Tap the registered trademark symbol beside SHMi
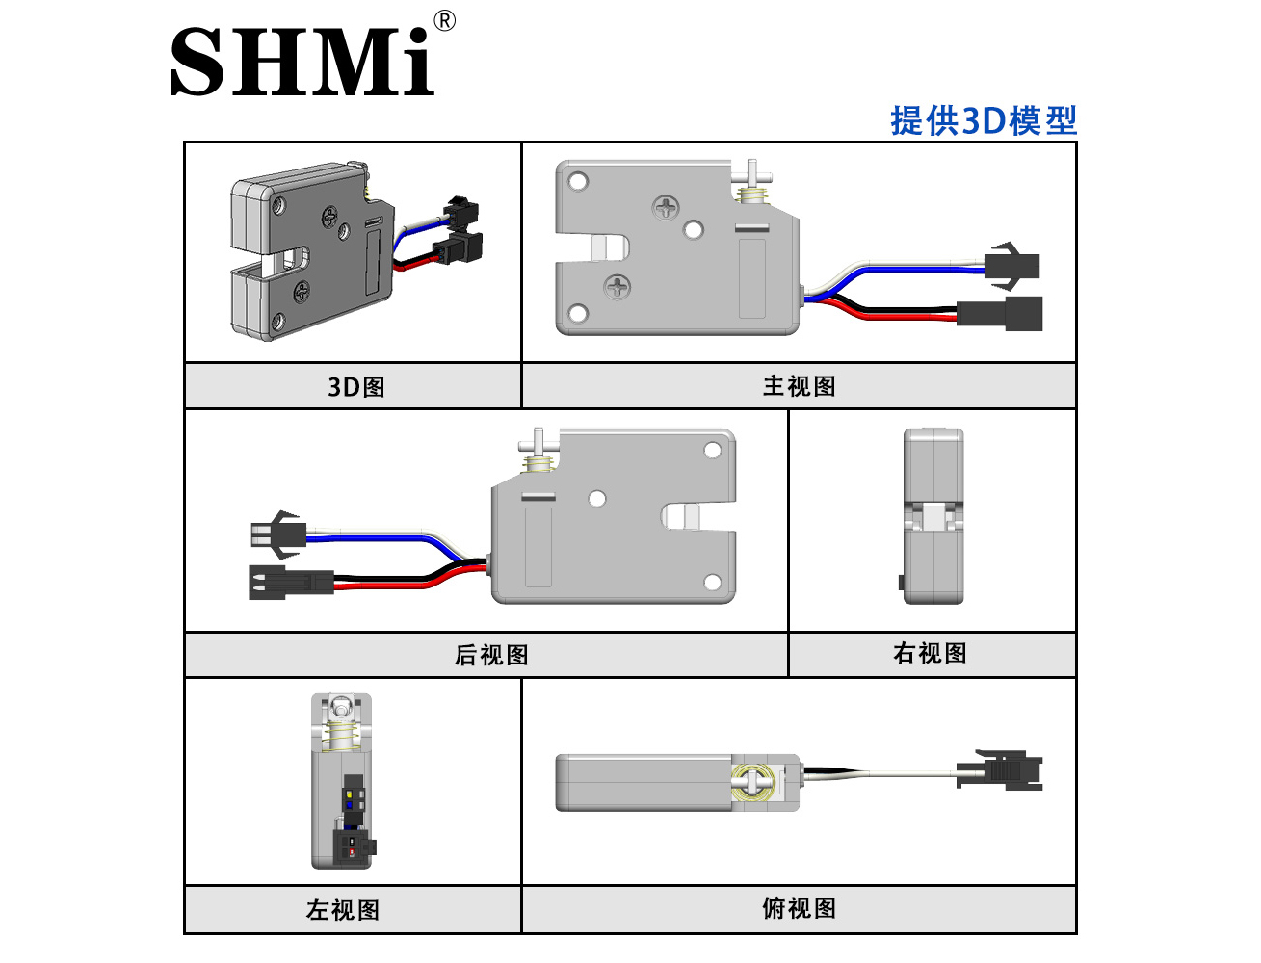(x=444, y=21)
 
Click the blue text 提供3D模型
(x=983, y=120)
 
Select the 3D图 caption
(x=356, y=386)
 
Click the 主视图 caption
(x=800, y=386)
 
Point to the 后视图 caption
(x=491, y=655)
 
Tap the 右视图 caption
(x=930, y=653)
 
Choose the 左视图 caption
(x=343, y=910)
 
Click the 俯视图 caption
(x=800, y=908)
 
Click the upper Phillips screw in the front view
(x=666, y=207)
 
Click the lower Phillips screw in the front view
(x=617, y=286)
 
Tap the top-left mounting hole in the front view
(x=578, y=182)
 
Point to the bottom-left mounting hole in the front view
(x=578, y=314)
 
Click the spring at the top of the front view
(x=751, y=195)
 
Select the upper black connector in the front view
(x=1012, y=267)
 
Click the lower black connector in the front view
(x=1000, y=314)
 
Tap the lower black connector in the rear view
(x=291, y=583)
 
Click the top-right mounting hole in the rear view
(x=712, y=451)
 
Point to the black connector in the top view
(x=1000, y=769)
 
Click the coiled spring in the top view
(x=752, y=782)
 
